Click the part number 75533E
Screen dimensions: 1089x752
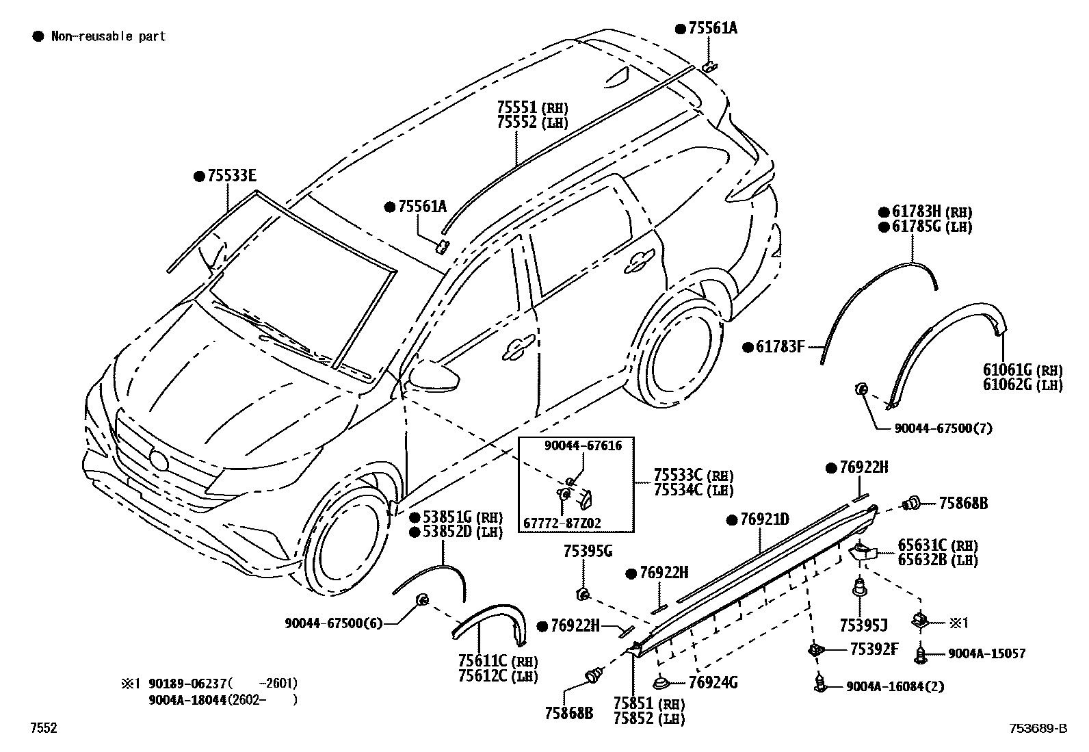click(232, 176)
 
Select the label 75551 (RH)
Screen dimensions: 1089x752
click(532, 107)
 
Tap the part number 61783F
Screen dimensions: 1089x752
click(780, 347)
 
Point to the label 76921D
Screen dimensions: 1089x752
click(765, 519)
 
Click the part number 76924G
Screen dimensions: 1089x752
click(713, 683)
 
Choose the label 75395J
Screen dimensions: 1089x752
click(864, 625)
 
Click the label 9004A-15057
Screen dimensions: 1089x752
click(987, 653)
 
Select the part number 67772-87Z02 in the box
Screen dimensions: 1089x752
click(562, 523)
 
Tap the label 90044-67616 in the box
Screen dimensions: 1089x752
click(583, 445)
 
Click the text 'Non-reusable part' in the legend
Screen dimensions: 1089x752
click(108, 36)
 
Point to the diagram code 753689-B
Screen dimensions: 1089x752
click(1038, 728)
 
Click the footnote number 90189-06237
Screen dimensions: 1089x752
click(187, 684)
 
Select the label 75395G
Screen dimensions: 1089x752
click(588, 551)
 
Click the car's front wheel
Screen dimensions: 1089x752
click(343, 538)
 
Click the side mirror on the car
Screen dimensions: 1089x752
click(434, 375)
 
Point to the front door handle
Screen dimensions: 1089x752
click(519, 347)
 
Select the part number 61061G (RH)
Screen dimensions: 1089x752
click(1023, 370)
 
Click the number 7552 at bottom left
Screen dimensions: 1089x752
click(44, 728)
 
